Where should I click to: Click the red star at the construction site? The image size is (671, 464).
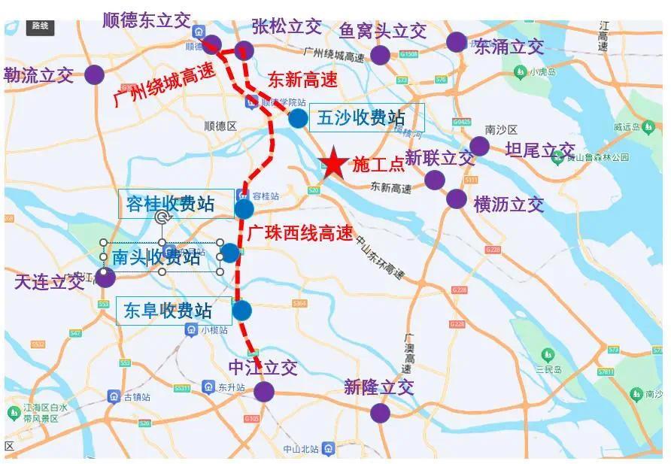coord(332,163)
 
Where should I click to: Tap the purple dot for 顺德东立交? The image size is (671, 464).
coord(212,44)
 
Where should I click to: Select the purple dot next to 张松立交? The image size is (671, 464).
coord(242,51)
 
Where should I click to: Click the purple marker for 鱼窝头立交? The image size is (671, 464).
coord(381,55)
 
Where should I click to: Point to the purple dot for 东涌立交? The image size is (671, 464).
coord(456,42)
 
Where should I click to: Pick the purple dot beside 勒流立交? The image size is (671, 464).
coord(94,74)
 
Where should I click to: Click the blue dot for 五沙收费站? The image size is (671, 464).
coord(298,118)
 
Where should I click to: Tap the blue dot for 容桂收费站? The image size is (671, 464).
coord(244,208)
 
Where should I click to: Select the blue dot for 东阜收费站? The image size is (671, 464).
coord(241,310)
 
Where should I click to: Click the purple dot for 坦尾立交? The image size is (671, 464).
coord(479,147)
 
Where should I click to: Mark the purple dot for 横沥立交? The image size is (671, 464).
coord(456,199)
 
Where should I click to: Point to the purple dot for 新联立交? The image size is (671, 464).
coord(434,180)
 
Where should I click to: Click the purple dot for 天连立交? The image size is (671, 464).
coord(105,277)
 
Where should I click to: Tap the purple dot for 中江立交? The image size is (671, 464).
coord(263,391)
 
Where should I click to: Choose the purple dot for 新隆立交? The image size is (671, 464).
coord(380,413)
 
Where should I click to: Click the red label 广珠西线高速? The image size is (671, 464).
coord(299,234)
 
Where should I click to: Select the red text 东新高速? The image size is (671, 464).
coord(302,79)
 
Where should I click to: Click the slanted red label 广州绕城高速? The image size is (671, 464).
coord(163,84)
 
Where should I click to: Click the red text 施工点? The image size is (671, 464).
coord(378,165)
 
